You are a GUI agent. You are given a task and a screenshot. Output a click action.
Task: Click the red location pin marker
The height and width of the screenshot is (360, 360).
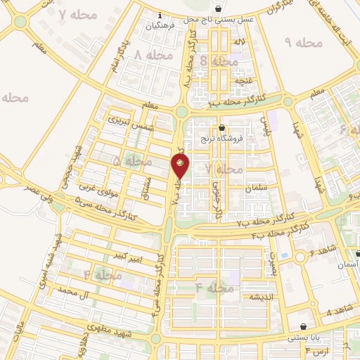click(181, 166)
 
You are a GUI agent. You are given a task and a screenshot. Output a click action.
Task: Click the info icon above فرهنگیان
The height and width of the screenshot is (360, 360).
click(160, 15)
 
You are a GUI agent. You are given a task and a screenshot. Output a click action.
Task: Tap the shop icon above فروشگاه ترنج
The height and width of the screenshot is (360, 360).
click(222, 128)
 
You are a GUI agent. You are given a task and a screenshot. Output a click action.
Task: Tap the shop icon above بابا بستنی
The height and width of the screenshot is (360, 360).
click(302, 326)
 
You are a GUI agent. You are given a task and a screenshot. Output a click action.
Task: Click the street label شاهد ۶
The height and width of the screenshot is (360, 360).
click(322, 250)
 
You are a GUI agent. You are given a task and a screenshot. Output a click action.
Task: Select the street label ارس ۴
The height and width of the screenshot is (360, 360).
click(318, 349)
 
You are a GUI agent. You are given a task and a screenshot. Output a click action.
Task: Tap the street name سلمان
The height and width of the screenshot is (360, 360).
click(257, 188)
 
